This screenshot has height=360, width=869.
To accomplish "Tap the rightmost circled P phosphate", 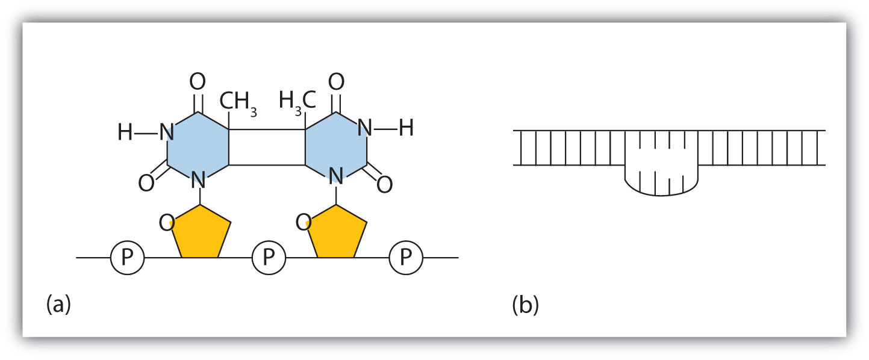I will click(x=406, y=258).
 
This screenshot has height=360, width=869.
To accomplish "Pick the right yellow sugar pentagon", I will click(x=337, y=232).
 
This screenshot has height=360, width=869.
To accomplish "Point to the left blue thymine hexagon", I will click(x=198, y=145).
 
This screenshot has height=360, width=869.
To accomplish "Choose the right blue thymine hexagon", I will click(x=335, y=145).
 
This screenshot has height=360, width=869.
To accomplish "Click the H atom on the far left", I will click(x=125, y=131).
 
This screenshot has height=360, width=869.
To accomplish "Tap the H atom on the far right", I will click(x=406, y=128).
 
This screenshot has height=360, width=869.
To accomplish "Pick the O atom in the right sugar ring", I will click(x=304, y=224).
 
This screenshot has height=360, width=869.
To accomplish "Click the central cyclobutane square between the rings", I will click(x=267, y=146).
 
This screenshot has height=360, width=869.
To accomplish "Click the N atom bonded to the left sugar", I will click(x=198, y=178).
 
